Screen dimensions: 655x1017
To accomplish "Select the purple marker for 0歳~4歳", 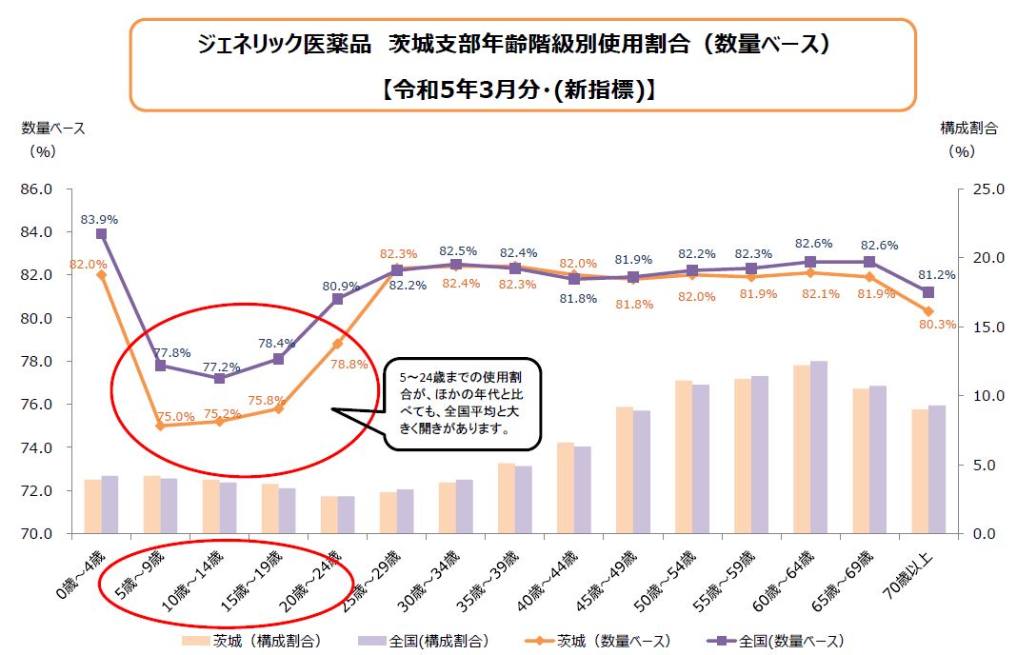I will (x=101, y=233).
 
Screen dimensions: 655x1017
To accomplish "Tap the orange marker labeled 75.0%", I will (x=160, y=426).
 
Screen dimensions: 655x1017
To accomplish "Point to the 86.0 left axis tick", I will (x=34, y=189).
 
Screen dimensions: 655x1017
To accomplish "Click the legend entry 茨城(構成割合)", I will (x=254, y=640).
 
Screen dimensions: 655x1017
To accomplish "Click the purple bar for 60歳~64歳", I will (x=818, y=447).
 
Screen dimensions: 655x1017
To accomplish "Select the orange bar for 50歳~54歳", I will (x=683, y=456).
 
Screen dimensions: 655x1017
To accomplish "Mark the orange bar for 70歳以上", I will (x=919, y=471).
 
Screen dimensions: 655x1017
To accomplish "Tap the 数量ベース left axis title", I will (x=52, y=128).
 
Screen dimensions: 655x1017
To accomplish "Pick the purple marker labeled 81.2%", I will (x=928, y=292).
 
